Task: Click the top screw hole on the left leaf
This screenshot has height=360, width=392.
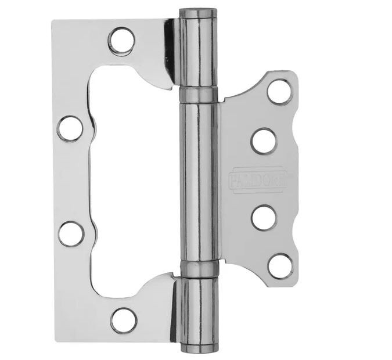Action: click(x=121, y=41)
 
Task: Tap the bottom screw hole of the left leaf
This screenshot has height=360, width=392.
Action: click(x=123, y=320)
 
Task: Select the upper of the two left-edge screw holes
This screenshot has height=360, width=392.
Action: click(x=70, y=128)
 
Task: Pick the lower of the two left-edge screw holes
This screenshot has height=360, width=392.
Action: click(x=71, y=233)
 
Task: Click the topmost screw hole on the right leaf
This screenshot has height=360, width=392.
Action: click(x=280, y=92)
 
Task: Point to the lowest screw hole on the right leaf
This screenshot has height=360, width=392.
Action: click(x=280, y=265)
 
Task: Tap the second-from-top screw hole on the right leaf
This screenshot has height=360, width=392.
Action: click(x=264, y=141)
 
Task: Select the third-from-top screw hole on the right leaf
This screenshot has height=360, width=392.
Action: click(x=264, y=217)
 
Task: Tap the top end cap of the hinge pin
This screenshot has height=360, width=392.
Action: click(x=197, y=12)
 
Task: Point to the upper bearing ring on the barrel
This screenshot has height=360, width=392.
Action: click(x=197, y=94)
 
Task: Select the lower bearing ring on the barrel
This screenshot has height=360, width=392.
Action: click(x=198, y=269)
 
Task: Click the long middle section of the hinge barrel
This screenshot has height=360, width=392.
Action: click(x=198, y=180)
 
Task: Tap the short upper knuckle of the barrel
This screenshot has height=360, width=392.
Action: click(x=197, y=52)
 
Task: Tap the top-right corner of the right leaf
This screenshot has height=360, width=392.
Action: click(x=293, y=74)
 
